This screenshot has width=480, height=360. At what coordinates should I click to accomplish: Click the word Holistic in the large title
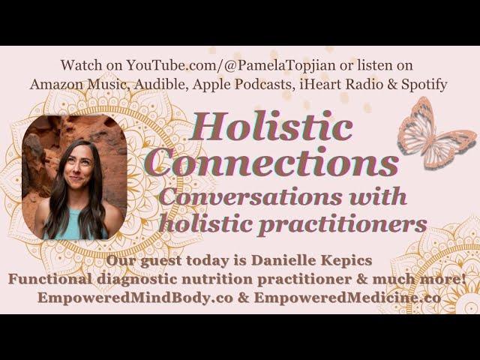tap(271, 126)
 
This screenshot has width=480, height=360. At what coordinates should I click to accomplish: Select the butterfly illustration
tap(437, 133)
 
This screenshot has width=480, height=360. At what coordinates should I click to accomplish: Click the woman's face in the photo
tap(78, 168)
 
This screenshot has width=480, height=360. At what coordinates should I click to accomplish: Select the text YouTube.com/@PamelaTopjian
tap(231, 65)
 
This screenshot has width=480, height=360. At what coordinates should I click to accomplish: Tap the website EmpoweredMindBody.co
tap(135, 298)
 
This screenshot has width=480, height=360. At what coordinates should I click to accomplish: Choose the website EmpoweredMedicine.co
tap(347, 298)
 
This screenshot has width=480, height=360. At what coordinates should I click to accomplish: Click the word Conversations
tap(250, 196)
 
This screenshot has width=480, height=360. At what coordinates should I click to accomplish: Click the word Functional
tap(49, 279)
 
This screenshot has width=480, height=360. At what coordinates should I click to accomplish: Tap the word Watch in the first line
tap(81, 65)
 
